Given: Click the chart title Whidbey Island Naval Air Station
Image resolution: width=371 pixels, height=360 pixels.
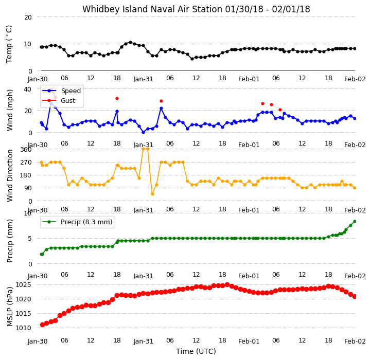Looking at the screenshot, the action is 152,9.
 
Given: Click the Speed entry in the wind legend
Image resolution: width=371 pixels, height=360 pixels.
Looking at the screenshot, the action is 70,91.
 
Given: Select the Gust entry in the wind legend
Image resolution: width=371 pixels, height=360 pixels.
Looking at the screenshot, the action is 68,100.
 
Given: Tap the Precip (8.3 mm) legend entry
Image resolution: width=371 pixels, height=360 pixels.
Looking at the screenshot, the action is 86,222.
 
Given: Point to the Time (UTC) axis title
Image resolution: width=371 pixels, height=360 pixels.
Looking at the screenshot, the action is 196,351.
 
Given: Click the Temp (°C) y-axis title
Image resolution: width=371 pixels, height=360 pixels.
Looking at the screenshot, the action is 9,44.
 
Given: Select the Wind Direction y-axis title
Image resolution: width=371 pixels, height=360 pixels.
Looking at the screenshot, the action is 10,175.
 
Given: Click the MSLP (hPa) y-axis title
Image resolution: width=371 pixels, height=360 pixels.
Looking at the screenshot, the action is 10,307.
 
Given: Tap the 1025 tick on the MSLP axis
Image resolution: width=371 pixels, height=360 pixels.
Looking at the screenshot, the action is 23,284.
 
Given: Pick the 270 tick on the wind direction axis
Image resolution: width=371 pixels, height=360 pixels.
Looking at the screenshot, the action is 26,163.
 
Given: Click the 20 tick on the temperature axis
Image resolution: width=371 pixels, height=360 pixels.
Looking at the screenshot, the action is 28,17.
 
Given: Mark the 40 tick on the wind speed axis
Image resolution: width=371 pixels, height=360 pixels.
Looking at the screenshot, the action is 27,89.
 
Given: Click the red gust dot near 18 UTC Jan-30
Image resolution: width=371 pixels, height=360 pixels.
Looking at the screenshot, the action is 117,98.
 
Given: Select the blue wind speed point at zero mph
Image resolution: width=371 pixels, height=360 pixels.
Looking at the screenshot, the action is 143,133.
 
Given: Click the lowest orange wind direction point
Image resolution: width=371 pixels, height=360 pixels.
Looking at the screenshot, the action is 152,194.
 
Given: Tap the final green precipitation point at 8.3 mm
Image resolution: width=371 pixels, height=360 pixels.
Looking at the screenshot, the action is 355,221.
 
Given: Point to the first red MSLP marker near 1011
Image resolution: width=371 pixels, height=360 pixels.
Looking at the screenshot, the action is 42,325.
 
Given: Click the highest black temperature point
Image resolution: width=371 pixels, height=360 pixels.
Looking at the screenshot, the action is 130,42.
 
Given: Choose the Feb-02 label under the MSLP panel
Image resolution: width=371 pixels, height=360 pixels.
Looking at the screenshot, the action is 355,341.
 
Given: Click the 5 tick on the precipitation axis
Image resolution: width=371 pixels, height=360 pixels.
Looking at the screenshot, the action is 29,239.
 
